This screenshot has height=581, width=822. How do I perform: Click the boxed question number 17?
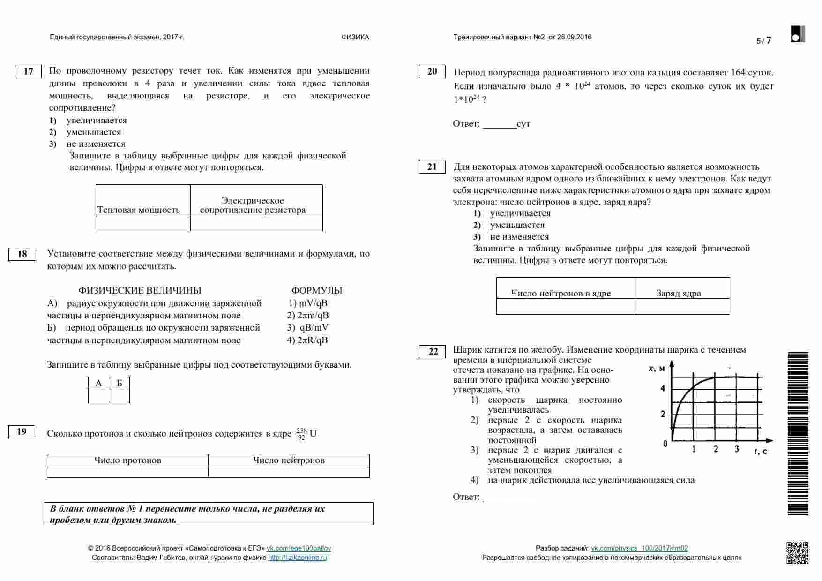coord(28,71)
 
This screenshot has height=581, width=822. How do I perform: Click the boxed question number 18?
coord(22,254)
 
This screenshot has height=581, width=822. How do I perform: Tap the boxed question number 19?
coord(22,432)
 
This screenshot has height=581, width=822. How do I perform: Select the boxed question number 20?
coord(432,71)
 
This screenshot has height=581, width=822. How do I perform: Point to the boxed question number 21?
coord(432,166)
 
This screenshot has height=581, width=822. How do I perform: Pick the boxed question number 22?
coord(433,352)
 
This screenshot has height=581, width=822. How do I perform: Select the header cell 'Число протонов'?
coord(127,460)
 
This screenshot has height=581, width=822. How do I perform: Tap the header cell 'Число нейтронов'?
coord(289,460)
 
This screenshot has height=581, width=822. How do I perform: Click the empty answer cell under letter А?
coord(98,397)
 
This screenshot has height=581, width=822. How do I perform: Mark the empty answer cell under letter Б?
coord(119,397)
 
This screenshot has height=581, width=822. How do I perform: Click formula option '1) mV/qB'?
coord(308,303)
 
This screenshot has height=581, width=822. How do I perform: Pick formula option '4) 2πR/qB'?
coord(307,340)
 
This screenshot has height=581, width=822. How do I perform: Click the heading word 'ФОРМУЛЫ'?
coord(317,290)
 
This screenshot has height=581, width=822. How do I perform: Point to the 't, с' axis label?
coord(760,451)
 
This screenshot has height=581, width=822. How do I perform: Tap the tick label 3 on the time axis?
coord(737,449)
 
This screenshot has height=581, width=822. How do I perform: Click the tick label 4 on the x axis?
coord(663,388)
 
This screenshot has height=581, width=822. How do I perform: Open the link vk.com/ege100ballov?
coord(299,548)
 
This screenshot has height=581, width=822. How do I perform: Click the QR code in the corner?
coord(797,553)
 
